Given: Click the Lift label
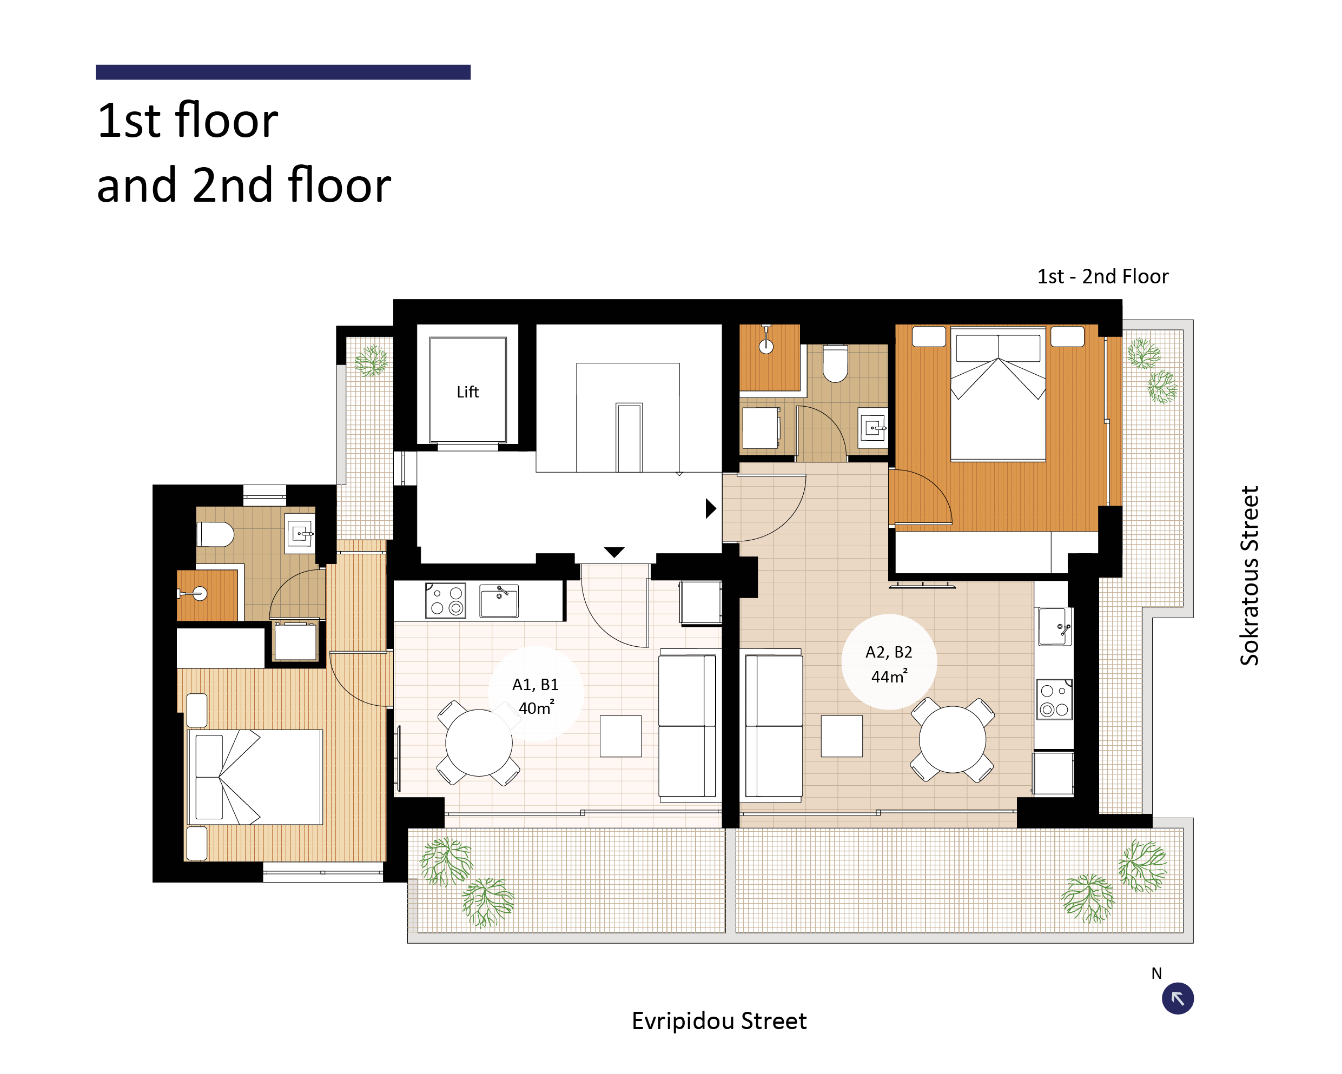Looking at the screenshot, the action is click(x=467, y=392).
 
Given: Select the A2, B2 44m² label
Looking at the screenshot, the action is click(x=889, y=664).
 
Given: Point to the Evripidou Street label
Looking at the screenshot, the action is click(x=719, y=1021).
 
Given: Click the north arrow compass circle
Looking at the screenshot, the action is click(x=1178, y=999).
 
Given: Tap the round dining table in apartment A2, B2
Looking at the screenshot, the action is click(x=953, y=740).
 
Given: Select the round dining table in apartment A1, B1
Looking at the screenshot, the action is click(x=479, y=742).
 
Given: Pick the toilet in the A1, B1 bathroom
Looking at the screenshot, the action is click(x=215, y=534).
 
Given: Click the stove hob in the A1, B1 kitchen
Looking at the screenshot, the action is click(x=446, y=600).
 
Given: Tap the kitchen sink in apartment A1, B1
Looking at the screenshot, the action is click(x=499, y=601).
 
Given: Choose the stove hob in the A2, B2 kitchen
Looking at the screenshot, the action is click(x=1054, y=699).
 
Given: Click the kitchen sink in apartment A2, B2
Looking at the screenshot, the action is click(x=1055, y=627).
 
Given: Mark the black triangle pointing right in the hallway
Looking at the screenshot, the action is click(x=711, y=508).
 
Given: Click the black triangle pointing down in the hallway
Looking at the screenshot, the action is click(x=614, y=553).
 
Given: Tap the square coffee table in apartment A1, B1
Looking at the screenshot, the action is click(x=620, y=736).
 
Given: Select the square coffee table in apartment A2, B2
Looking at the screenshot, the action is click(x=842, y=736).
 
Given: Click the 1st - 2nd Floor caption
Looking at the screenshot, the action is click(x=1102, y=276).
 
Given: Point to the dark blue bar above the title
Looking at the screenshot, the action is click(x=283, y=72).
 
